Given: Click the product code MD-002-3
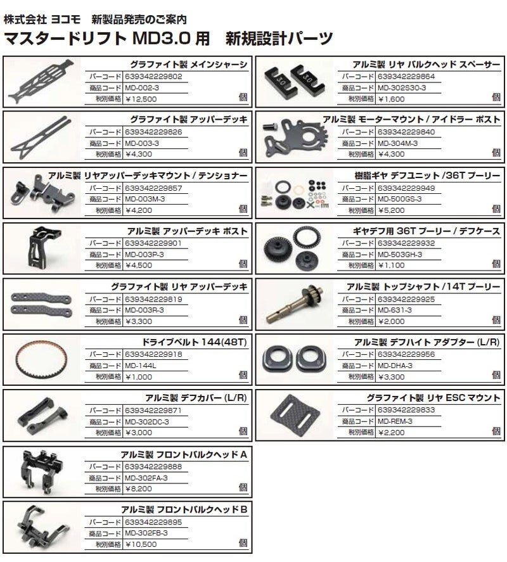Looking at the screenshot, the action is point(141,88).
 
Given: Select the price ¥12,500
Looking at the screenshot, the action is point(141,99).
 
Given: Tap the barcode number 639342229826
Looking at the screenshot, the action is point(153,132).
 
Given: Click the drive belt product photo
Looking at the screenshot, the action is point(41,359).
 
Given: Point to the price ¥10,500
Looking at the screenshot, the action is point(141,544).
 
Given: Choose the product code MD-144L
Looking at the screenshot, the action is point(141,366).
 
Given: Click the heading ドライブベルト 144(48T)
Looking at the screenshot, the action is point(195,342).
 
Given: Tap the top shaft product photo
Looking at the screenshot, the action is point(295,304).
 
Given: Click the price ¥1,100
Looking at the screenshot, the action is point(391,265).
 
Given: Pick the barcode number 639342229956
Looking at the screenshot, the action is point(406,354).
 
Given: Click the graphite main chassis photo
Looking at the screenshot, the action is point(41,81).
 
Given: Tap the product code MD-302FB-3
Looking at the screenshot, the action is point(146,533).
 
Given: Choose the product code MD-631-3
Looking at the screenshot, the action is point(394,310).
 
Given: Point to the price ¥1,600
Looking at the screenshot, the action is point(391,99).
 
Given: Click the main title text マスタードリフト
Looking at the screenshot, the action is point(65,39).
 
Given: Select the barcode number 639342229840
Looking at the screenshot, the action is point(406,132).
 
